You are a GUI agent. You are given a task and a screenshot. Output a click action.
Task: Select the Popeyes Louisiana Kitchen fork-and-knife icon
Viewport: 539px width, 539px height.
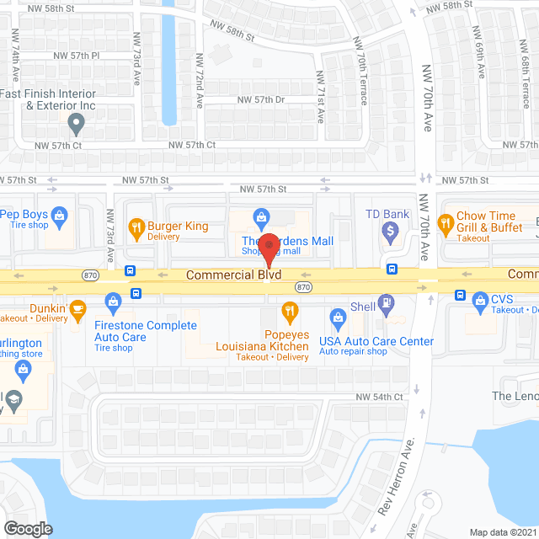[291, 313]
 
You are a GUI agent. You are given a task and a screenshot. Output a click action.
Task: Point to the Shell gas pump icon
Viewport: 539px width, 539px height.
[387, 302]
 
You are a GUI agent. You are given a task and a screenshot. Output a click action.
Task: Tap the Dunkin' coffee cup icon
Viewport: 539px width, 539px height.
[77, 308]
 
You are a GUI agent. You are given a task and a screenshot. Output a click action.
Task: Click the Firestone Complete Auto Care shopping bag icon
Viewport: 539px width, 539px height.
[113, 302]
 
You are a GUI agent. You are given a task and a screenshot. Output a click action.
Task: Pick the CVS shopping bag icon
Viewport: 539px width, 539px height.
[480, 299]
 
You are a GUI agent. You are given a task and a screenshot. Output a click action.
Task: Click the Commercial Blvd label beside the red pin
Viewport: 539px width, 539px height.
[232, 275]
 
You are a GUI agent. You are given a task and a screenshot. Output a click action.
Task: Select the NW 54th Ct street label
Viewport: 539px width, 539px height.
[380, 397]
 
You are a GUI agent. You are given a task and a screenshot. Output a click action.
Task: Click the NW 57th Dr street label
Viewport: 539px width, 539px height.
[262, 99]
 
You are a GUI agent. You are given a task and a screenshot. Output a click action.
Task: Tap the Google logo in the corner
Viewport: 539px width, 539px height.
[27, 528]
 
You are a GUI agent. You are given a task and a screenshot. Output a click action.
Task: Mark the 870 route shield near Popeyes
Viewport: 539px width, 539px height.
[303, 287]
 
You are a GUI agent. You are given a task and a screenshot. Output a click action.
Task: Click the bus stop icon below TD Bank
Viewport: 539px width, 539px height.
[392, 269]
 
